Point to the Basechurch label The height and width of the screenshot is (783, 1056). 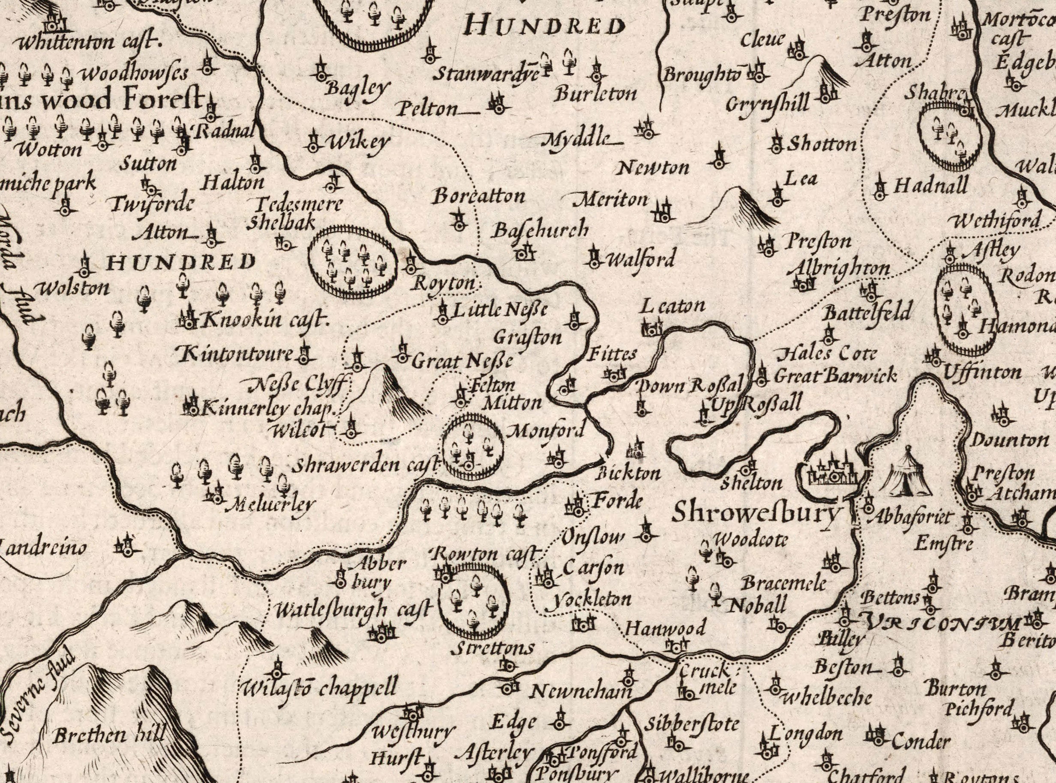[x=540, y=230]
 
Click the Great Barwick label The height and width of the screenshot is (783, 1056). [x=835, y=376]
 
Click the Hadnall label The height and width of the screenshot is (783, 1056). [x=930, y=186]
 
